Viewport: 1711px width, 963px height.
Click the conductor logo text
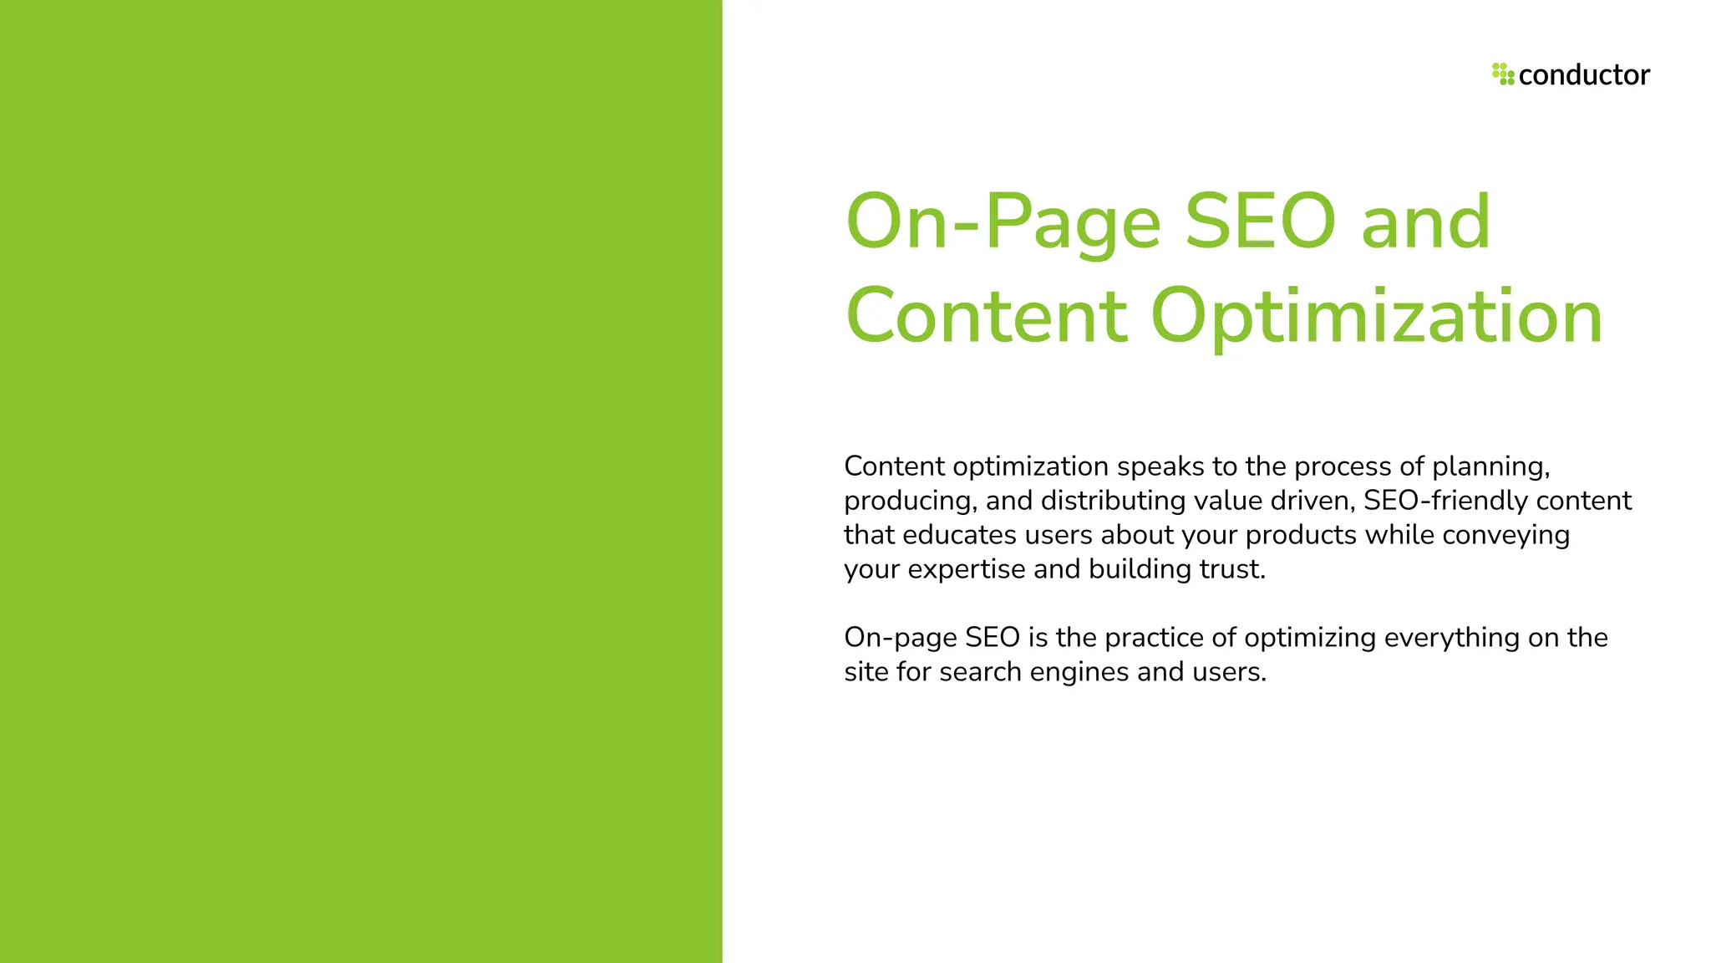[x=1584, y=75]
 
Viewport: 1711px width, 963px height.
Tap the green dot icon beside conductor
[x=1503, y=74]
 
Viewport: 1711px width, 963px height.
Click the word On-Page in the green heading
[x=1003, y=222]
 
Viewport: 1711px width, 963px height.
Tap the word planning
[x=1490, y=467]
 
